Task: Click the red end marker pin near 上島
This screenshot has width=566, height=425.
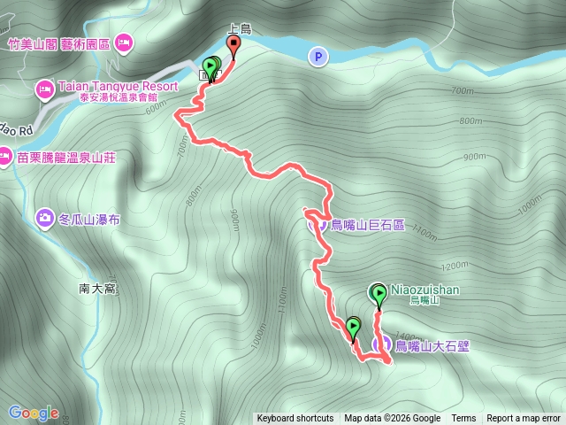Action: tap(233, 44)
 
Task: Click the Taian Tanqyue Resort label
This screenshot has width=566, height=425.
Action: tap(117, 87)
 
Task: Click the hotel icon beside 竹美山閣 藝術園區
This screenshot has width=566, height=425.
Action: tap(123, 41)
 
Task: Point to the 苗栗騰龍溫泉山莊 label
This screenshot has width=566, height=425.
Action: tap(66, 158)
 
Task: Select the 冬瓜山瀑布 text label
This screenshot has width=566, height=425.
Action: tap(90, 217)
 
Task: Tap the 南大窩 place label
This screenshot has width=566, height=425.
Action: tap(97, 288)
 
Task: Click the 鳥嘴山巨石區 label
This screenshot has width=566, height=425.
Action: tap(367, 225)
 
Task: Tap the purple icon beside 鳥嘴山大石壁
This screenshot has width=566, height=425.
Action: tap(382, 345)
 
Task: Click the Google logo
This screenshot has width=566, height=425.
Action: tap(33, 413)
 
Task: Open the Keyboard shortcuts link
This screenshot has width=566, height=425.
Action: tap(295, 419)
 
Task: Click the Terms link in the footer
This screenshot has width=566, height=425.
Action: tap(463, 419)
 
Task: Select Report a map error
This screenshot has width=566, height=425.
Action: tap(524, 419)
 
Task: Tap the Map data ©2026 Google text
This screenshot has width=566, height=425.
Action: tap(392, 419)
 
